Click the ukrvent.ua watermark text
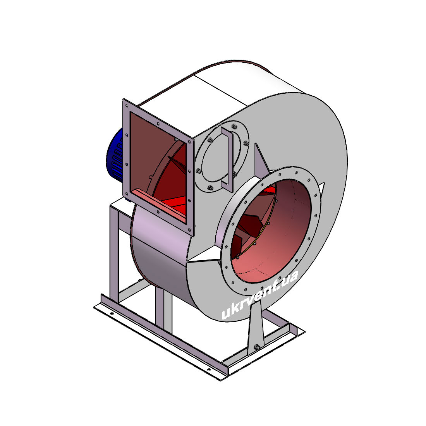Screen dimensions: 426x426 click(x=260, y=295)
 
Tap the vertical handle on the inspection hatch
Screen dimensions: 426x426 click(x=228, y=160)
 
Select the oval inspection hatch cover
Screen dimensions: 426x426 click(x=222, y=156)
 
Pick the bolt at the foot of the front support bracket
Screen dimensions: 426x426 click(x=256, y=347)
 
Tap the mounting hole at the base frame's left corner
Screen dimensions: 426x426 click(x=112, y=314)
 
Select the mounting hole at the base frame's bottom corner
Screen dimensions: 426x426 click(x=209, y=370)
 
